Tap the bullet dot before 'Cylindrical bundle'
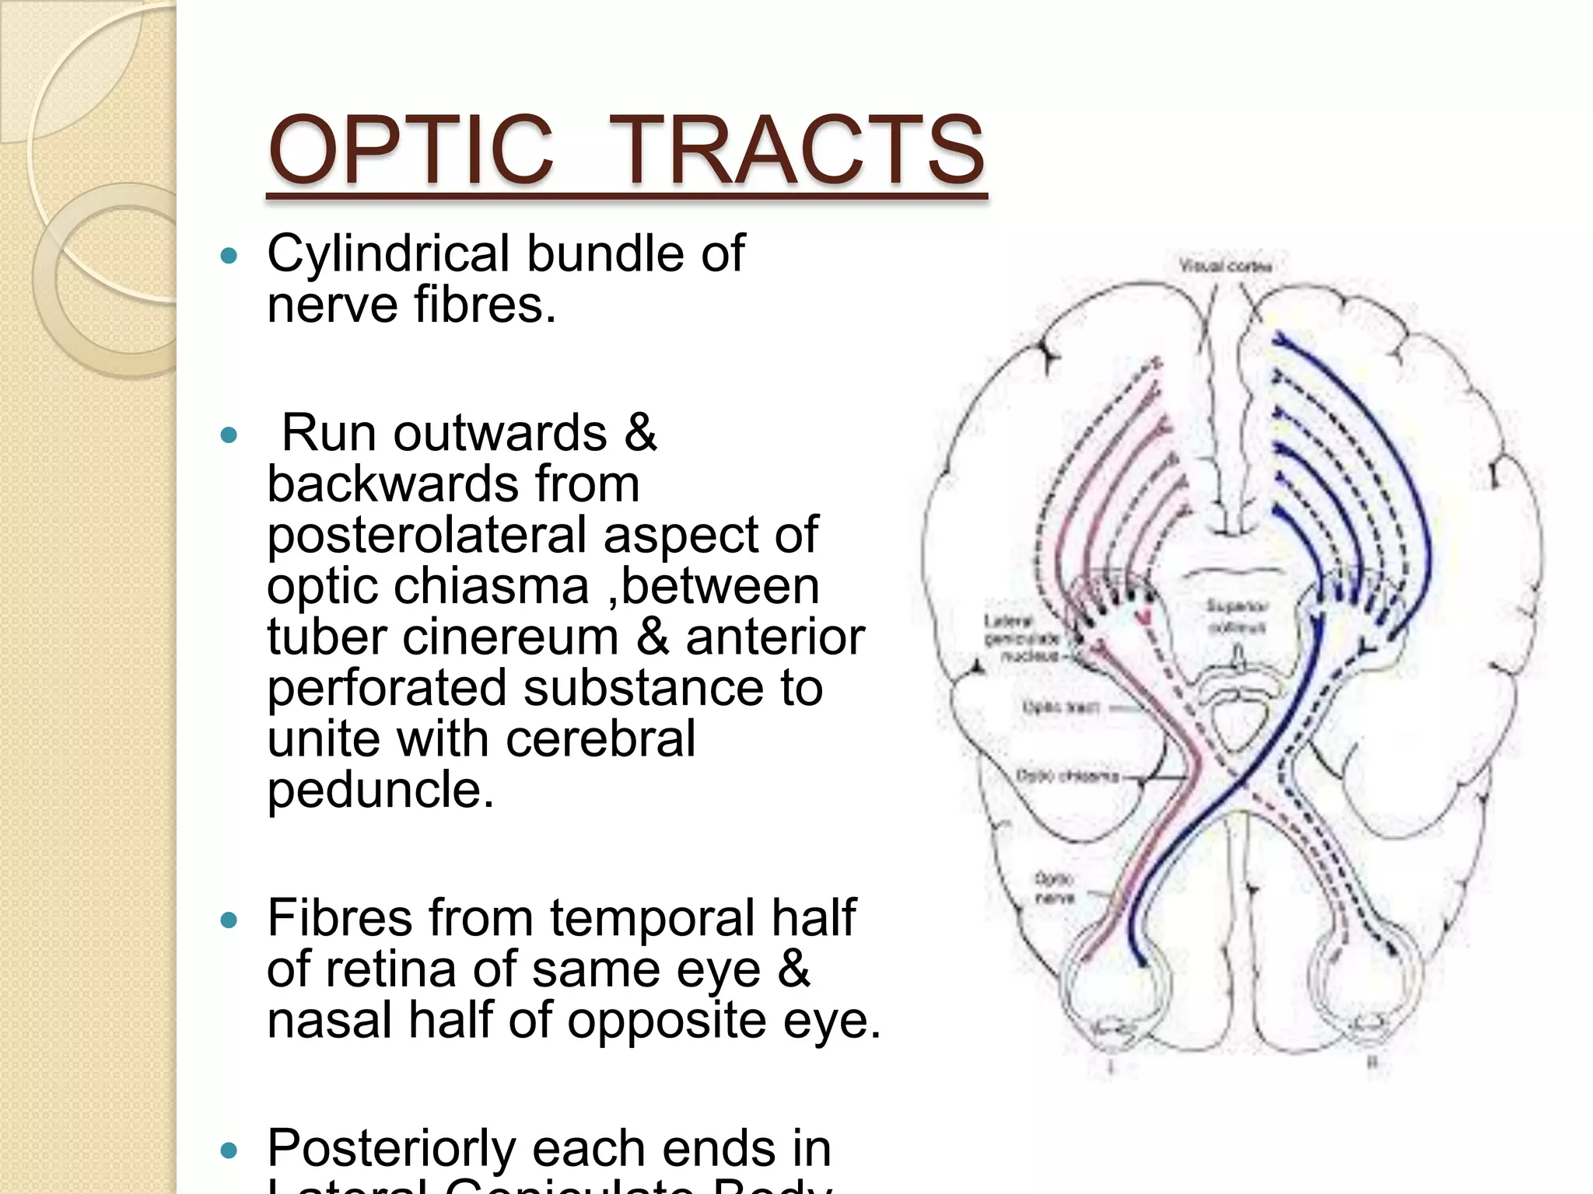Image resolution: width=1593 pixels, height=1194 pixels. tap(229, 255)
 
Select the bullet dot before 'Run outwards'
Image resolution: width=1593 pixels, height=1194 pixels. tap(229, 435)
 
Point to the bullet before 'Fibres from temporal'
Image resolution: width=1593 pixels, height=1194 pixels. tap(229, 920)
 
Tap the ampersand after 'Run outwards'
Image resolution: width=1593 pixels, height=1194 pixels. tap(639, 433)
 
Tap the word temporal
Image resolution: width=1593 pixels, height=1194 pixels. tap(652, 918)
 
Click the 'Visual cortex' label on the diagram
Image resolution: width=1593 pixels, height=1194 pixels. tap(1226, 267)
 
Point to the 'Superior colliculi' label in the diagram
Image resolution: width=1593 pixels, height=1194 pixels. tap(1237, 616)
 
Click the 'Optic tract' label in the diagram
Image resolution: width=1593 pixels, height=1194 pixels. tap(1059, 707)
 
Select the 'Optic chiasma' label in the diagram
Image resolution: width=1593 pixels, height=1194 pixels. tap(1067, 776)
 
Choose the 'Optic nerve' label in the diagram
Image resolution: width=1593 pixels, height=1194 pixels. tap(1054, 888)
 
